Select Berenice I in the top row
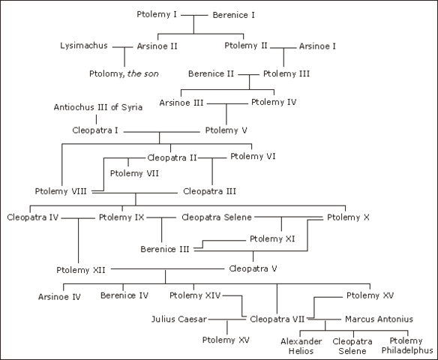click(234, 14)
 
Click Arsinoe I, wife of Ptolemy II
click(317, 46)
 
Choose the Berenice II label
click(211, 73)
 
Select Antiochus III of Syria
click(98, 106)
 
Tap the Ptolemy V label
click(226, 129)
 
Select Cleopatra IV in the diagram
click(33, 217)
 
